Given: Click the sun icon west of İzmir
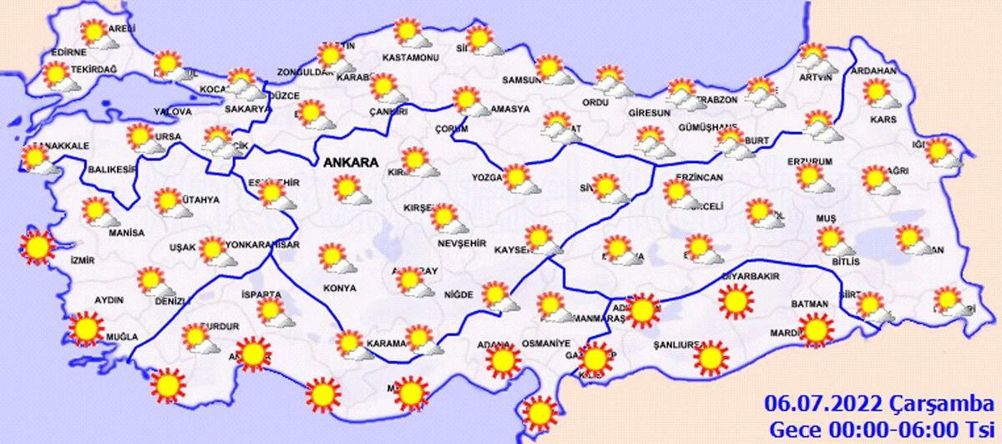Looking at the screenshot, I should tap(38, 248).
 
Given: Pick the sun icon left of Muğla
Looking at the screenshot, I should tap(86, 329).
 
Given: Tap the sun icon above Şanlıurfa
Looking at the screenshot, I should tap(711, 357).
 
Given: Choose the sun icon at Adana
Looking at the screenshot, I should tap(503, 361).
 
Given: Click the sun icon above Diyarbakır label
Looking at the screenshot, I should tap(735, 300).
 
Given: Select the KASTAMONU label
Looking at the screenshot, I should tap(410, 58).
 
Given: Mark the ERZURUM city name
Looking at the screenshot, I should tap(810, 161).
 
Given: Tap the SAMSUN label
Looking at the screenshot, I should tap(521, 80).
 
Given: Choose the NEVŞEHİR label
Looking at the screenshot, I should tap(461, 242).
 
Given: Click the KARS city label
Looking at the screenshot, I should tap(883, 120).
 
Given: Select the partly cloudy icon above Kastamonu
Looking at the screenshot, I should tap(408, 33).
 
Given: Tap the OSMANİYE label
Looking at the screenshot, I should tap(545, 343).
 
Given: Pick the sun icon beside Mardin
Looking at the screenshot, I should tap(816, 331).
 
